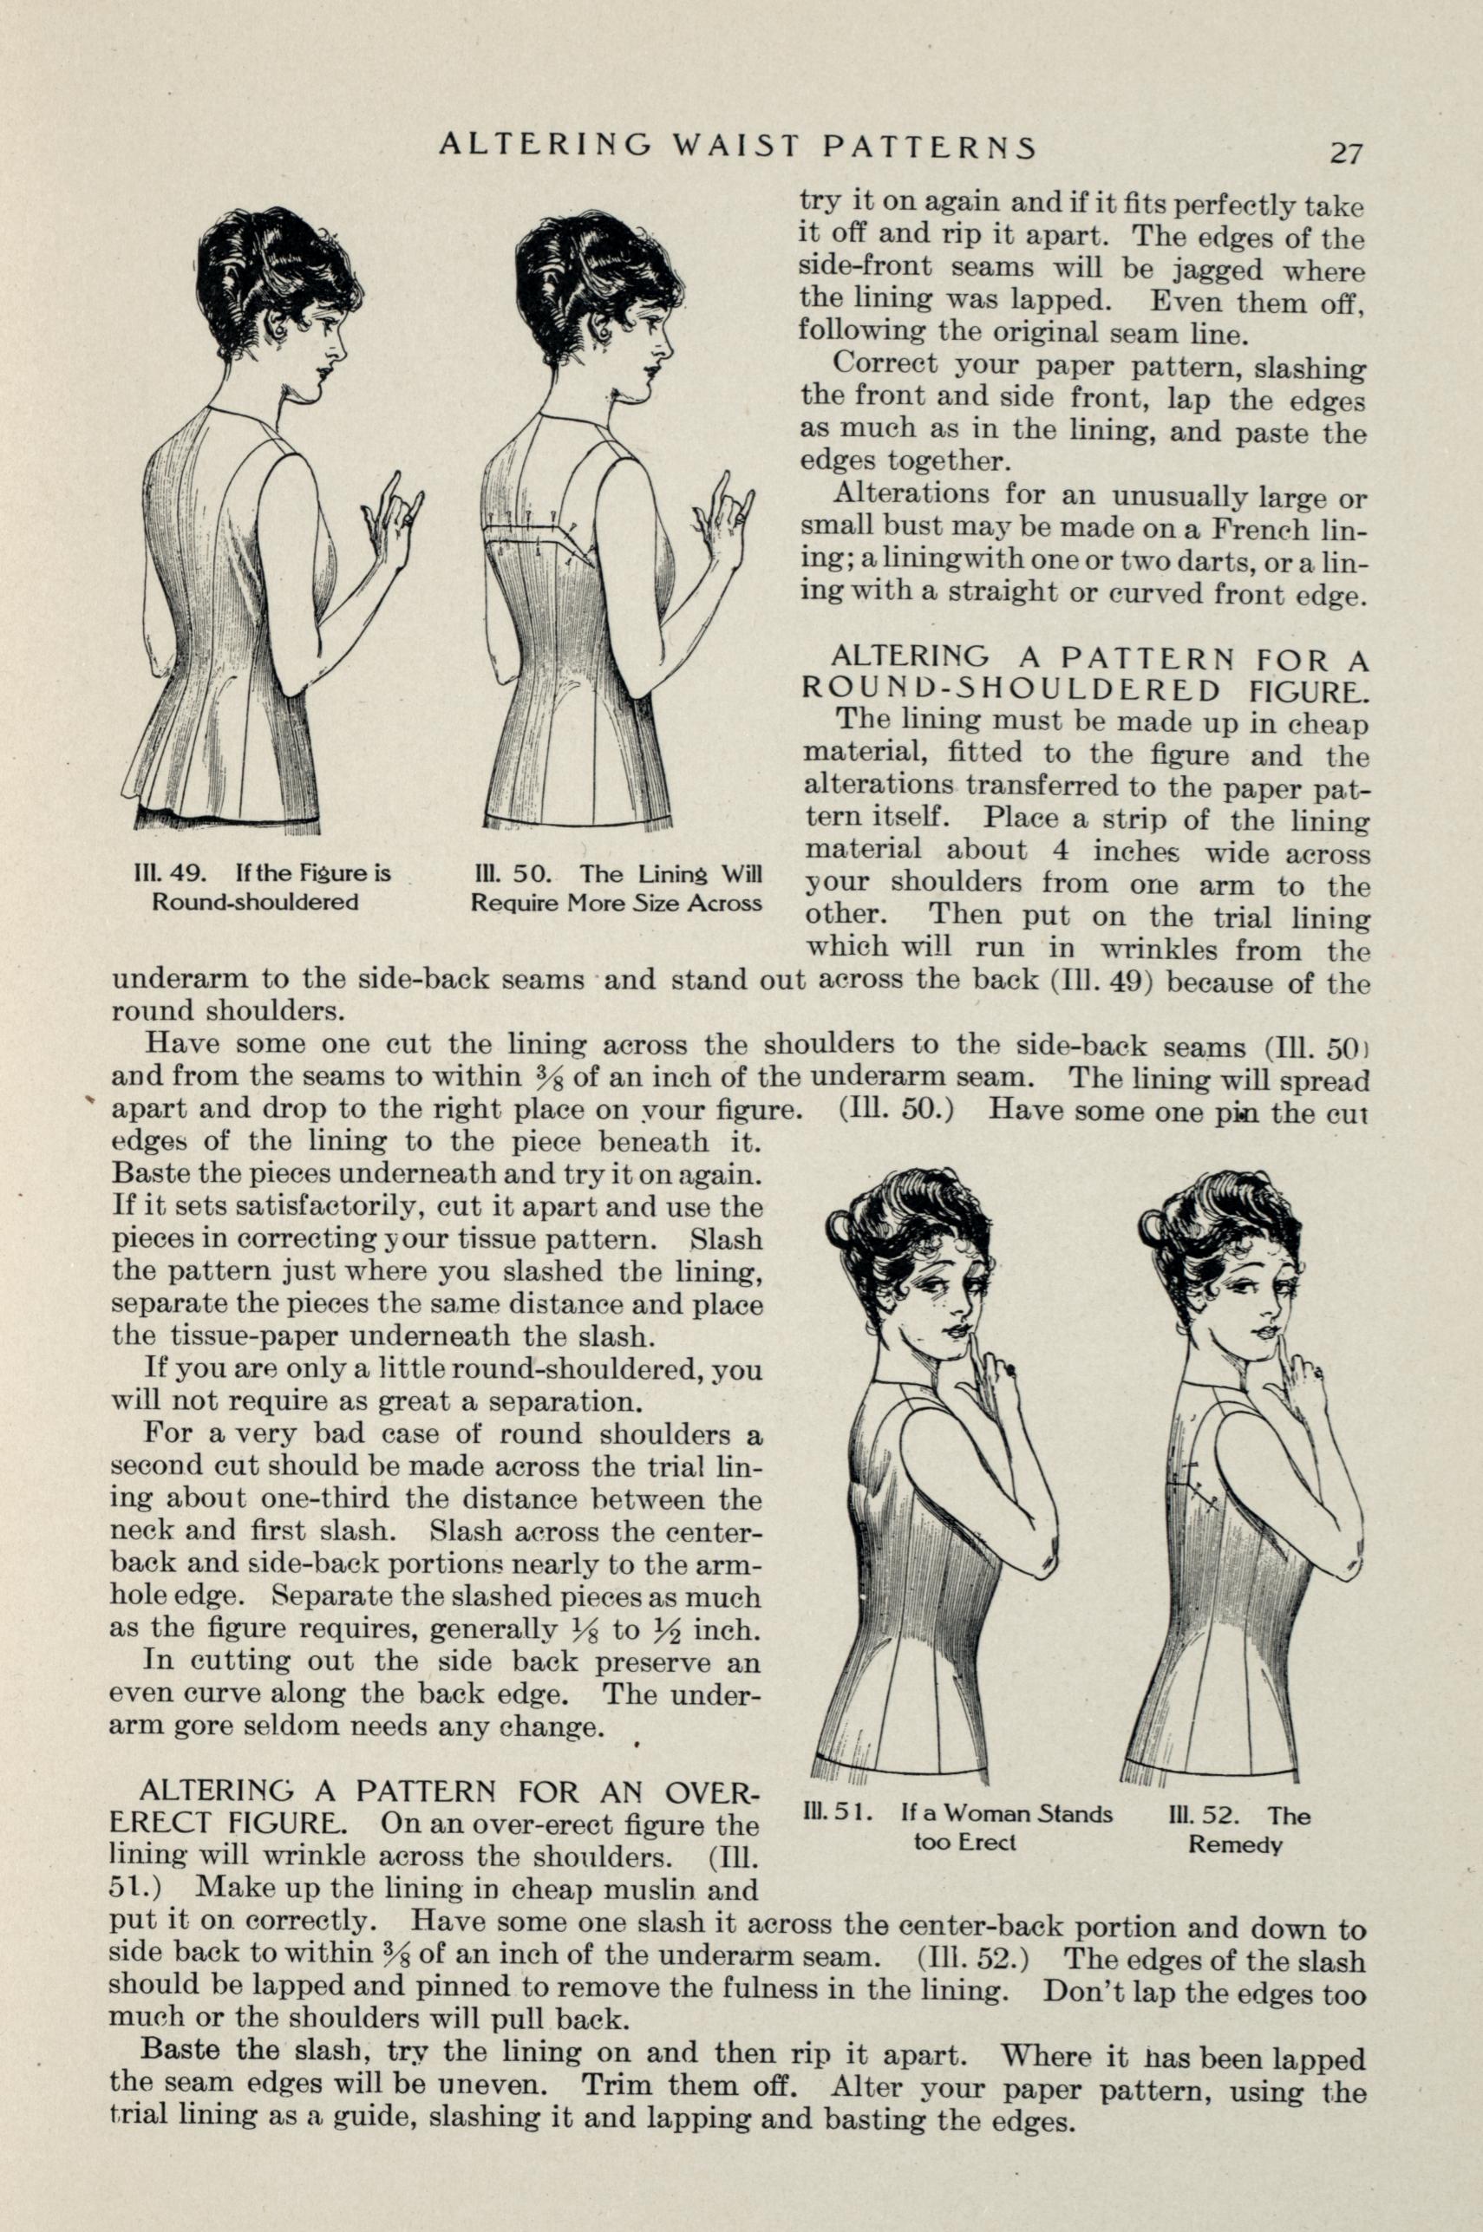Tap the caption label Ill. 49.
point(166,872)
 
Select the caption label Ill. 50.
point(504,872)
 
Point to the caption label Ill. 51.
point(836,1814)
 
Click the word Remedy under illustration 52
point(1234,1844)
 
